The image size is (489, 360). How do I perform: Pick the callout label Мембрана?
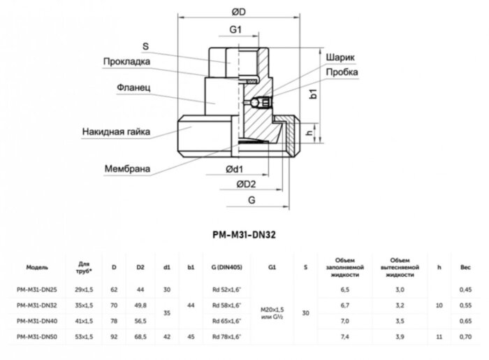(x=129, y=168)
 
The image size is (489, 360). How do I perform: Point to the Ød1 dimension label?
(x=234, y=170)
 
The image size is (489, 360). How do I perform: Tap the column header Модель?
(x=37, y=268)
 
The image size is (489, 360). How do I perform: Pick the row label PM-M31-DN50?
(x=37, y=338)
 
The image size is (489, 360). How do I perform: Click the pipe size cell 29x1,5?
(x=84, y=289)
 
